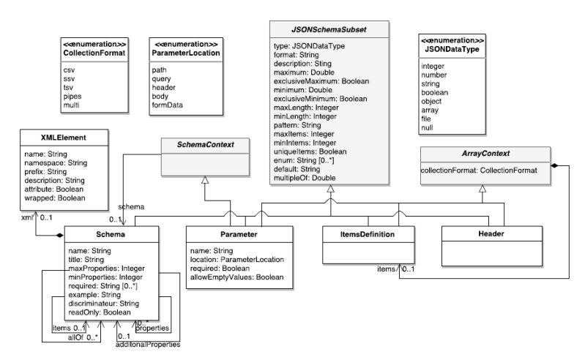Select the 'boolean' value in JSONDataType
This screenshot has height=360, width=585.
(435, 93)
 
